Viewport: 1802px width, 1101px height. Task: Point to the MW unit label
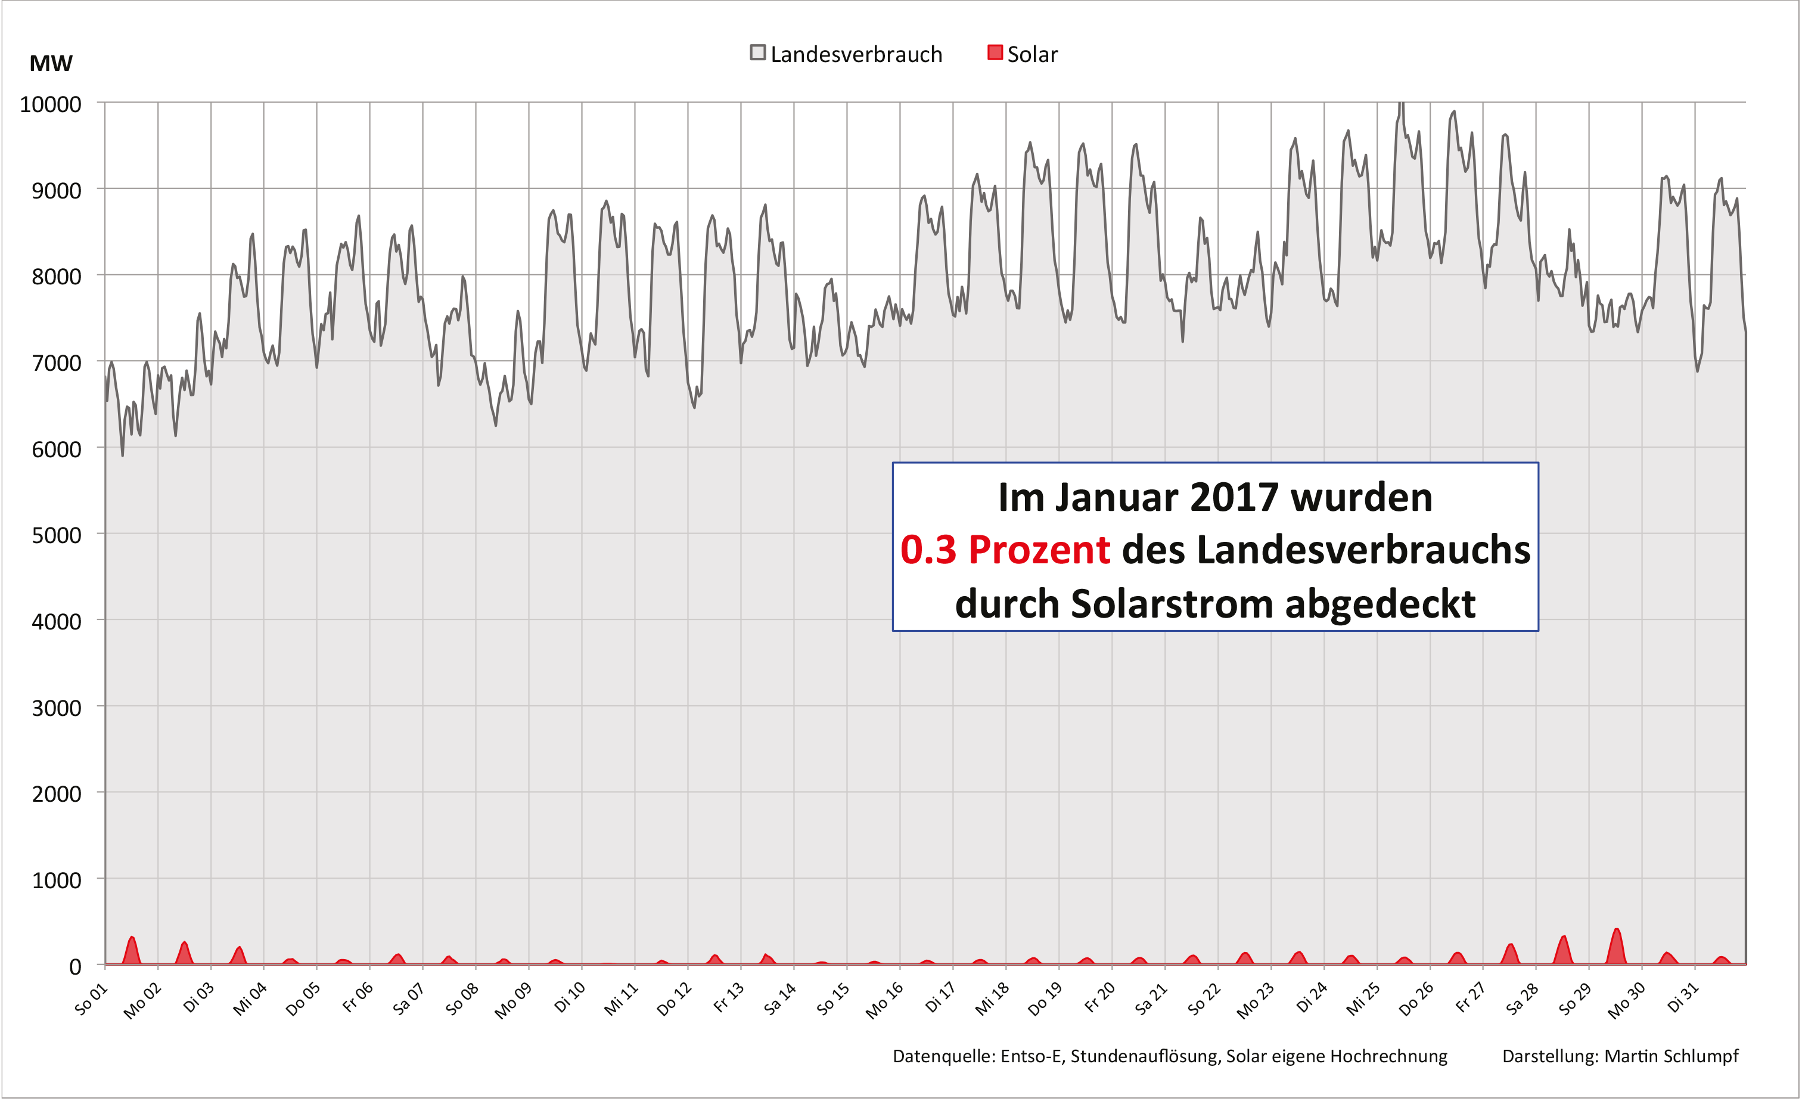tap(51, 64)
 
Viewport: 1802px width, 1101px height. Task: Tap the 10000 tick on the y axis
tap(51, 104)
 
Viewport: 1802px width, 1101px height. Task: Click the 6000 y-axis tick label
tap(56, 449)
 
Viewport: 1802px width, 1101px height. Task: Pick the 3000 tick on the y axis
tap(56, 708)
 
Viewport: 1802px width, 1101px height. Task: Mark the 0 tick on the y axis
tap(74, 967)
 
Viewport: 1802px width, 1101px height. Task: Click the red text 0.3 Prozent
tap(1005, 550)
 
